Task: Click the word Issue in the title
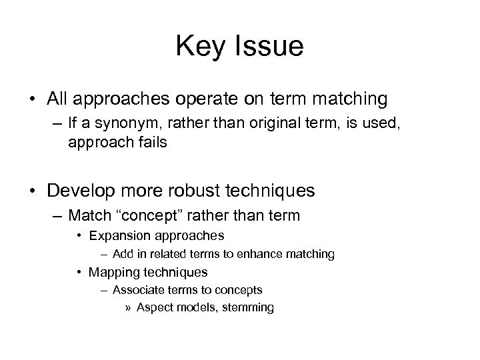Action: click(x=270, y=46)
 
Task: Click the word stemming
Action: click(x=249, y=307)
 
